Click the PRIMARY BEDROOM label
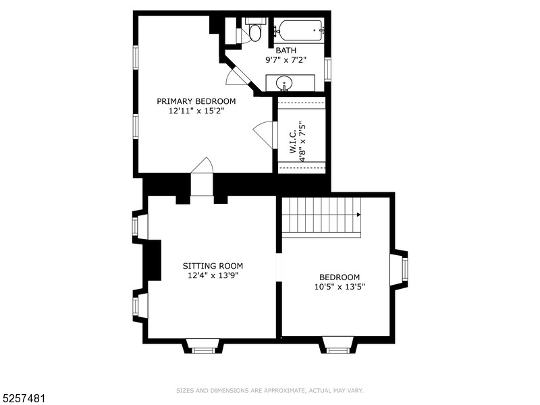click(196, 101)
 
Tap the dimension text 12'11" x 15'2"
click(196, 111)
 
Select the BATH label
click(286, 51)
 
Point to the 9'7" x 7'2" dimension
click(286, 60)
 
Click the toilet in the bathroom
click(255, 29)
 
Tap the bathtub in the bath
click(300, 31)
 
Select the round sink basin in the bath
click(284, 83)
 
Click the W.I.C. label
click(293, 142)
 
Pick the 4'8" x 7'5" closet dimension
click(302, 141)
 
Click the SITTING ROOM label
click(213, 266)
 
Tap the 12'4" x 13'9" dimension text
click(213, 275)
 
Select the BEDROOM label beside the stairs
click(340, 277)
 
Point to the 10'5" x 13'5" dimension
click(340, 286)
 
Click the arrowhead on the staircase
click(358, 215)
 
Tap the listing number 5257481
click(23, 399)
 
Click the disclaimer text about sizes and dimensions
click(269, 391)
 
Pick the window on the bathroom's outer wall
click(327, 70)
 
